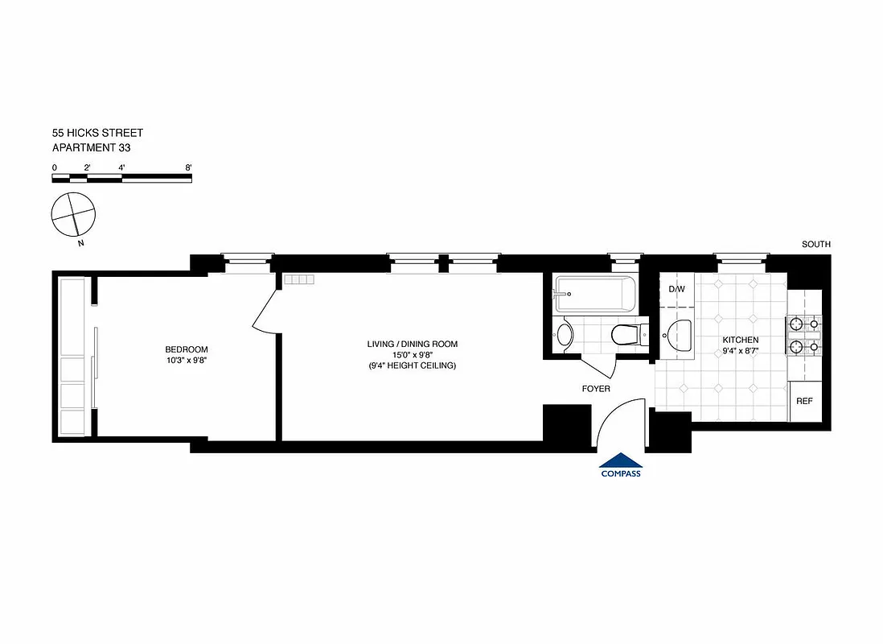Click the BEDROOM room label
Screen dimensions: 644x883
(187, 349)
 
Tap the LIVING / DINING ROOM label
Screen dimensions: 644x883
(412, 345)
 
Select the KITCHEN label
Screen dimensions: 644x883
(740, 340)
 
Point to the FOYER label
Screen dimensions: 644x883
(596, 389)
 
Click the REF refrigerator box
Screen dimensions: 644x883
(803, 401)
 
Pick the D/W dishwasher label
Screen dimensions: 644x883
(676, 289)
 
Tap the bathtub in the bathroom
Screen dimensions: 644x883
(595, 295)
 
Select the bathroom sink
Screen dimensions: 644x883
(565, 332)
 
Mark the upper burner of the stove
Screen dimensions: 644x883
(796, 324)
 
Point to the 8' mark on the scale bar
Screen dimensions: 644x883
(188, 167)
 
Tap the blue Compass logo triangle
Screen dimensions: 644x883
(621, 460)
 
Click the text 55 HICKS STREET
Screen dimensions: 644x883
(97, 133)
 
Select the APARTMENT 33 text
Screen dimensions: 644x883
(91, 148)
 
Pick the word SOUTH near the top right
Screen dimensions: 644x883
(815, 245)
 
